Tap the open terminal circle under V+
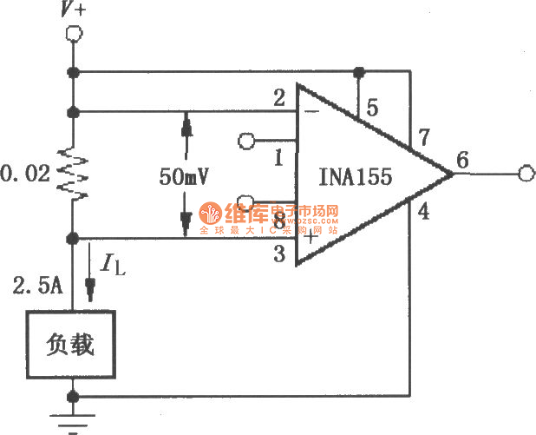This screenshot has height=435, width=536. pos(75,34)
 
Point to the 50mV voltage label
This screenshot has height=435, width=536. pos(186,175)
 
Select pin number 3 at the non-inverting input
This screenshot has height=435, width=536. pos(279,254)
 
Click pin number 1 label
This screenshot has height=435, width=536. pos(279,158)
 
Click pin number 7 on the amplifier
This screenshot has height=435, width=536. pos(423,136)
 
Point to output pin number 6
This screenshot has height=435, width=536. pos(461,160)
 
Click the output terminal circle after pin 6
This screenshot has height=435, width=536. pos(524,175)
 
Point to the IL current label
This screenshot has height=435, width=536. pos(112,263)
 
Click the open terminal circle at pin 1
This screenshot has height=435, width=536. pos(246,140)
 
